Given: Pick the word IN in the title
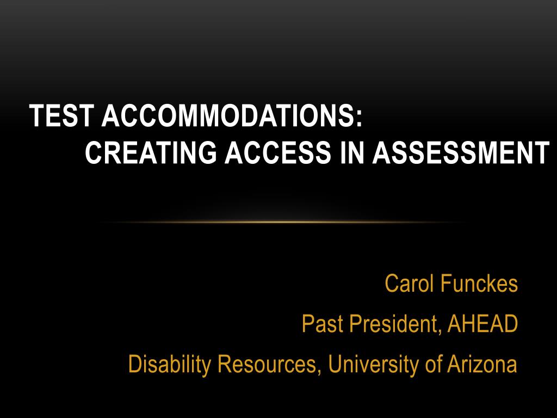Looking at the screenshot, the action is point(352,152).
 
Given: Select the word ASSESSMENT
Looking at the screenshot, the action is point(460,152).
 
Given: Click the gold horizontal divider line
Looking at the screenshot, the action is point(281,223).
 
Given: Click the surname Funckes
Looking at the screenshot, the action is point(479,283).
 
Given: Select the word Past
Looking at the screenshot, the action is point(323,323).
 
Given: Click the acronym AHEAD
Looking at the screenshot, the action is point(482,323).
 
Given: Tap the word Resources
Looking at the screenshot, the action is point(265,364).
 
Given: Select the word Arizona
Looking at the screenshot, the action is point(482,364).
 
